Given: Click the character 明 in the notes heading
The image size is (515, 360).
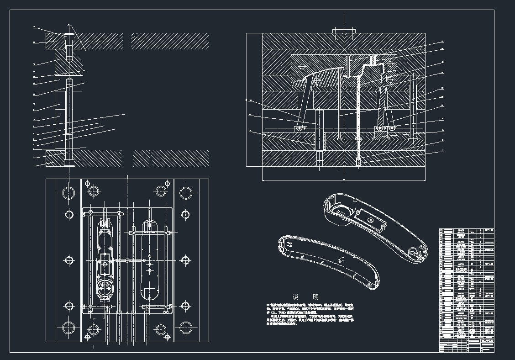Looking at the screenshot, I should coord(316,297).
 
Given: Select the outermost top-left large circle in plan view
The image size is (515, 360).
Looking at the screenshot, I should coord(69,193).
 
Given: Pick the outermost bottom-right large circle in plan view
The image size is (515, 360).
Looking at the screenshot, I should coord(185,328).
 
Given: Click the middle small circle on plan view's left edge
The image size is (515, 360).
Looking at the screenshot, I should coord(69,260).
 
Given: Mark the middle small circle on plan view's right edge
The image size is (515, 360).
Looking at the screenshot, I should coord(185,260).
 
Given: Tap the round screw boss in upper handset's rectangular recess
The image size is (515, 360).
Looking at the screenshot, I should coord(371,220).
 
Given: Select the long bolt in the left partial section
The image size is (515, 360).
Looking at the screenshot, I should coord(68,119).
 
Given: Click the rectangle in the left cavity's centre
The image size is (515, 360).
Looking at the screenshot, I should coord(105,263).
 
